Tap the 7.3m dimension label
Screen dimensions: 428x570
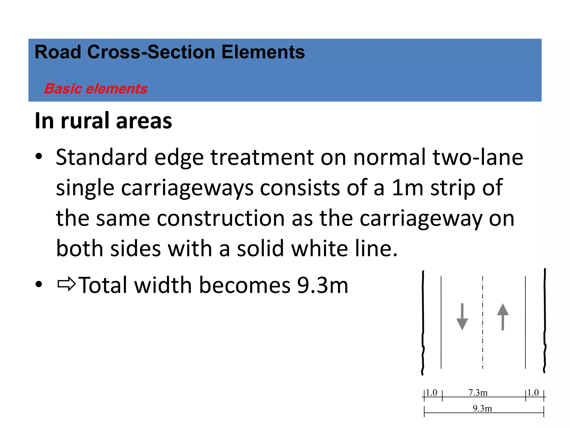(x=478, y=392)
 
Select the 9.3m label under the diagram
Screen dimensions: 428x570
(x=482, y=408)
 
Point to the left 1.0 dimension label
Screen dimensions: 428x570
(x=432, y=392)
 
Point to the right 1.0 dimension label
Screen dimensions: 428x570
(x=533, y=392)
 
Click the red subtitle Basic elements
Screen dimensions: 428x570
(x=95, y=89)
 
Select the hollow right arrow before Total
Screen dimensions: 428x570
(x=67, y=284)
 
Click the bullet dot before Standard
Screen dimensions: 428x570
(x=39, y=156)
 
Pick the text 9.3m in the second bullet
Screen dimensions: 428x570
(x=323, y=285)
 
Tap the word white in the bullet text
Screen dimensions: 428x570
(x=320, y=248)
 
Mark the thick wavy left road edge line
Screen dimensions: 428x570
(x=423, y=320)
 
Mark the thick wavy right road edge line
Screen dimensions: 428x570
(x=545, y=320)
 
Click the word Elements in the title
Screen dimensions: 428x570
(x=263, y=52)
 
